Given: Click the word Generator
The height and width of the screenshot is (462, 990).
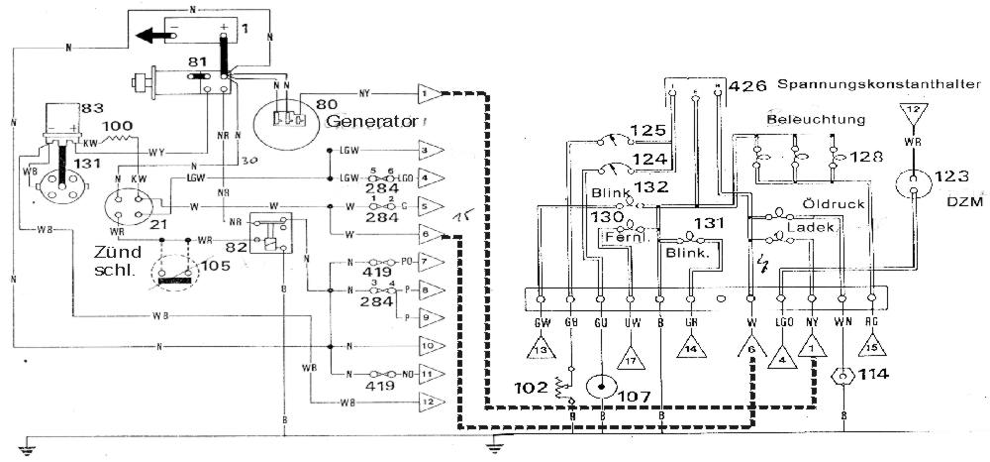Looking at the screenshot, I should click(x=368, y=123).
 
